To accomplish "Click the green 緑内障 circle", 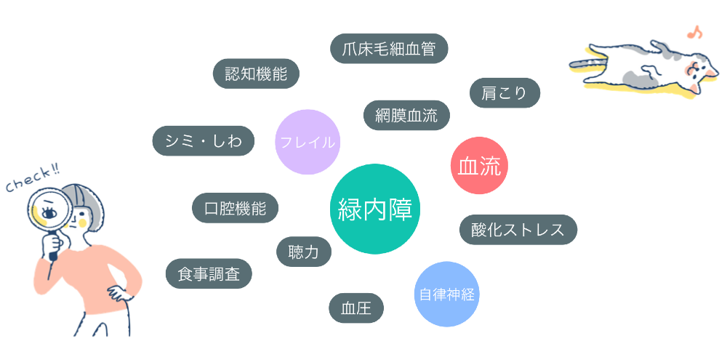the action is pos(374,209).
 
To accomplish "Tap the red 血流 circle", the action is pos(479,166).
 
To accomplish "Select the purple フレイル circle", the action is pos(308,142).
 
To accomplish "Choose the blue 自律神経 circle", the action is pos(446,294).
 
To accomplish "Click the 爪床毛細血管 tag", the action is pos(389,48).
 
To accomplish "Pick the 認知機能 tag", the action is pos(256,73).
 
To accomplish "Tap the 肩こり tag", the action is pos(505,93).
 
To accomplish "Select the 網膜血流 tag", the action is pos(406,115).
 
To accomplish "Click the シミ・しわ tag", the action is pos(204,140).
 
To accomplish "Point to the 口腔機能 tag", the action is pos(235,208).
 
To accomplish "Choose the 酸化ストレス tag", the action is pos(518,229).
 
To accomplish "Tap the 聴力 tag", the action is pos(304,252).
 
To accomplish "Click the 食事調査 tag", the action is pos(209,273).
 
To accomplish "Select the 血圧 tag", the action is pos(356,308).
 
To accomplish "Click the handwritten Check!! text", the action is pos(33,180).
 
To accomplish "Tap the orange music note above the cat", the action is pos(694,33).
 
